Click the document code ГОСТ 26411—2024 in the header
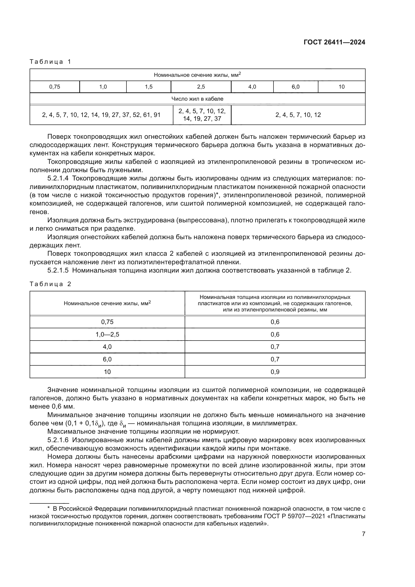point(334,42)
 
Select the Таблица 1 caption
point(50,62)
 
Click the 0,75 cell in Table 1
point(55,87)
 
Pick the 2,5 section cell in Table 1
point(201,87)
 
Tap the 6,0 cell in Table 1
point(295,87)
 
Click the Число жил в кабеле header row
point(197,99)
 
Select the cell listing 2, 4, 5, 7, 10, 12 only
point(298,115)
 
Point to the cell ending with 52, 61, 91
point(101,115)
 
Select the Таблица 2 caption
point(50,284)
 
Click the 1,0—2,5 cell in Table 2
point(107,334)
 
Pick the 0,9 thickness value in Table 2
point(275,372)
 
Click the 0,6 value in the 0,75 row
point(275,322)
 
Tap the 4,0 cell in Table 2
point(107,347)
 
